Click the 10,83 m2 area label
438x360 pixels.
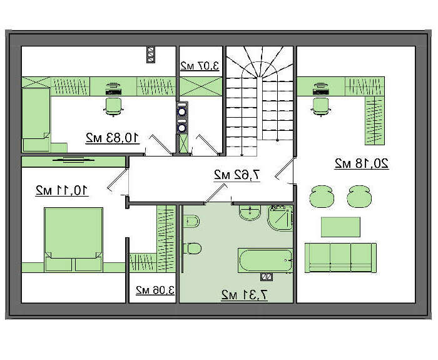click(x=112, y=138)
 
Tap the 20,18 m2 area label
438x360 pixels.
click(x=362, y=163)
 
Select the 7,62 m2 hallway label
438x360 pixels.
click(x=237, y=175)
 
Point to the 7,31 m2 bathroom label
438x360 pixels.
click(x=245, y=295)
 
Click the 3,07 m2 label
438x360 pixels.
click(x=200, y=66)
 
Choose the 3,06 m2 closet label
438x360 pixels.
click(x=155, y=290)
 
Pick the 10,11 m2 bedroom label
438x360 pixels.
click(x=62, y=190)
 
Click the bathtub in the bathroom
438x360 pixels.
click(x=265, y=260)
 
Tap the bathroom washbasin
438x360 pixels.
click(x=250, y=212)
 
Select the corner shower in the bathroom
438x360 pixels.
click(x=280, y=218)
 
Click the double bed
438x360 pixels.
click(x=73, y=240)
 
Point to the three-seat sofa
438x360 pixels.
click(x=340, y=257)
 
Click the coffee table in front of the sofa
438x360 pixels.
click(x=340, y=227)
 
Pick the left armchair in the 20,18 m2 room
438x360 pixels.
click(x=322, y=197)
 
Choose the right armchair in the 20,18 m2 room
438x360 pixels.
click(x=359, y=197)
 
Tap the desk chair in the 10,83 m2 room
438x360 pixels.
click(x=113, y=106)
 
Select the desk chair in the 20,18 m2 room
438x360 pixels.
click(x=320, y=106)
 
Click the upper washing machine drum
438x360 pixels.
click(x=182, y=112)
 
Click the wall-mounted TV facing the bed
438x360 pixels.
click(x=74, y=160)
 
